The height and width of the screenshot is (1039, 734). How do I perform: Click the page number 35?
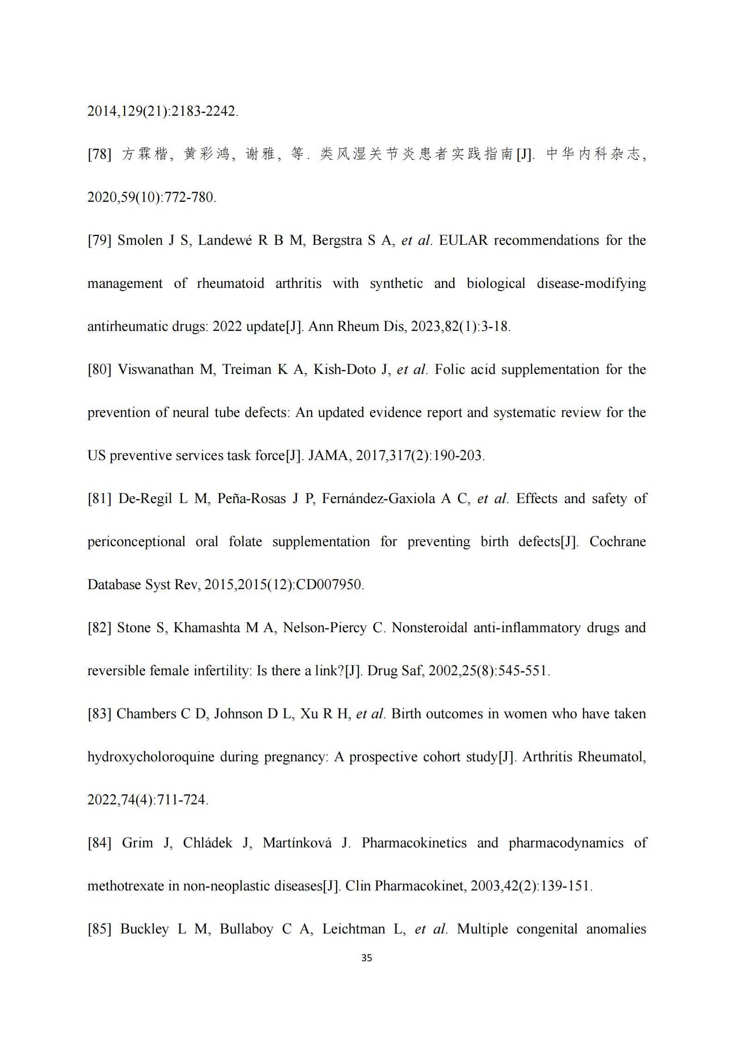366,958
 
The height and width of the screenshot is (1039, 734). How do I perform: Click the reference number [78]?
99,154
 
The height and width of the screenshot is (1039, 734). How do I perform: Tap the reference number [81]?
99,498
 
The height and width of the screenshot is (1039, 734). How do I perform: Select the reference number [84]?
99,843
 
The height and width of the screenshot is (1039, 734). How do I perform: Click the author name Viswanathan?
156,369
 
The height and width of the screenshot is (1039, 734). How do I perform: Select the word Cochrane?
617,541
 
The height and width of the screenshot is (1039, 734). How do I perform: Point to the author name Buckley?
144,929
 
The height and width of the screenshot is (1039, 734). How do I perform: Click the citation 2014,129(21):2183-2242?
162,111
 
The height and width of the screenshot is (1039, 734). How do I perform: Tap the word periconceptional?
136,541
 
